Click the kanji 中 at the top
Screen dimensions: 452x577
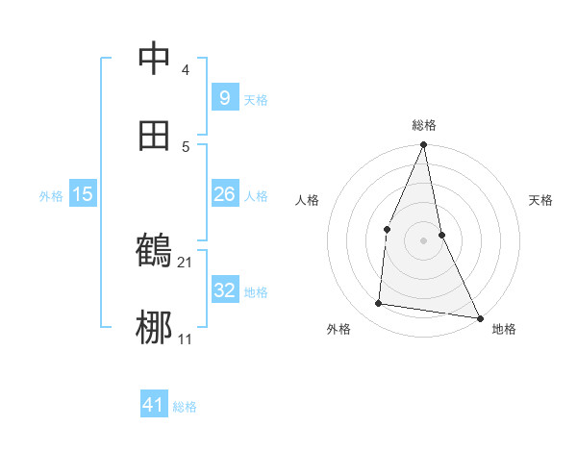coord(154,59)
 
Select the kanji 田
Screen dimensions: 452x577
coord(154,136)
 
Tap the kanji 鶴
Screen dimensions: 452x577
coord(154,251)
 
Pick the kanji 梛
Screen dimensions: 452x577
coord(154,328)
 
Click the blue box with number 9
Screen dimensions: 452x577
coord(224,97)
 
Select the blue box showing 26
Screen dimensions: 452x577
coord(224,194)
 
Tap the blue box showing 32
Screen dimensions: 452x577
coord(224,289)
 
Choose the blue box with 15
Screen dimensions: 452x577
coord(83,194)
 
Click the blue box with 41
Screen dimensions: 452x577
coord(153,405)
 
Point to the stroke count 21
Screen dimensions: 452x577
coord(186,262)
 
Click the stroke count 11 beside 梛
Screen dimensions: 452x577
coord(186,339)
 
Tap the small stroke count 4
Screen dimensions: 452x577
coord(186,69)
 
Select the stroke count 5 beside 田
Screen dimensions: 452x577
coord(186,146)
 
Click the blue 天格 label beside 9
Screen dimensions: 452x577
coord(256,99)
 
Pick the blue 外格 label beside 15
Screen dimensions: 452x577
coord(51,195)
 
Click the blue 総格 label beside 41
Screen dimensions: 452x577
coord(185,407)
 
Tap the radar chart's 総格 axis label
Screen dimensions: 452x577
coord(424,125)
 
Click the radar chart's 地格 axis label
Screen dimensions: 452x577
coord(504,329)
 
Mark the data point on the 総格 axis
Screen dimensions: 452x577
coord(423,145)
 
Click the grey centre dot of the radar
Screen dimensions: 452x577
coord(423,240)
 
